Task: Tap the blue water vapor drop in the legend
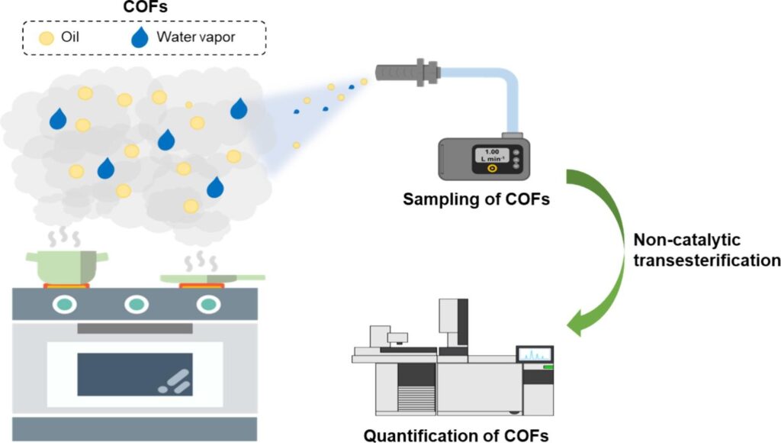click(139, 37)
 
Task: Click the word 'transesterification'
click(706, 260)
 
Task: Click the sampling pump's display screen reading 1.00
click(491, 156)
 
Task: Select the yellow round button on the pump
click(492, 169)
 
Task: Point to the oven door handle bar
click(134, 328)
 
